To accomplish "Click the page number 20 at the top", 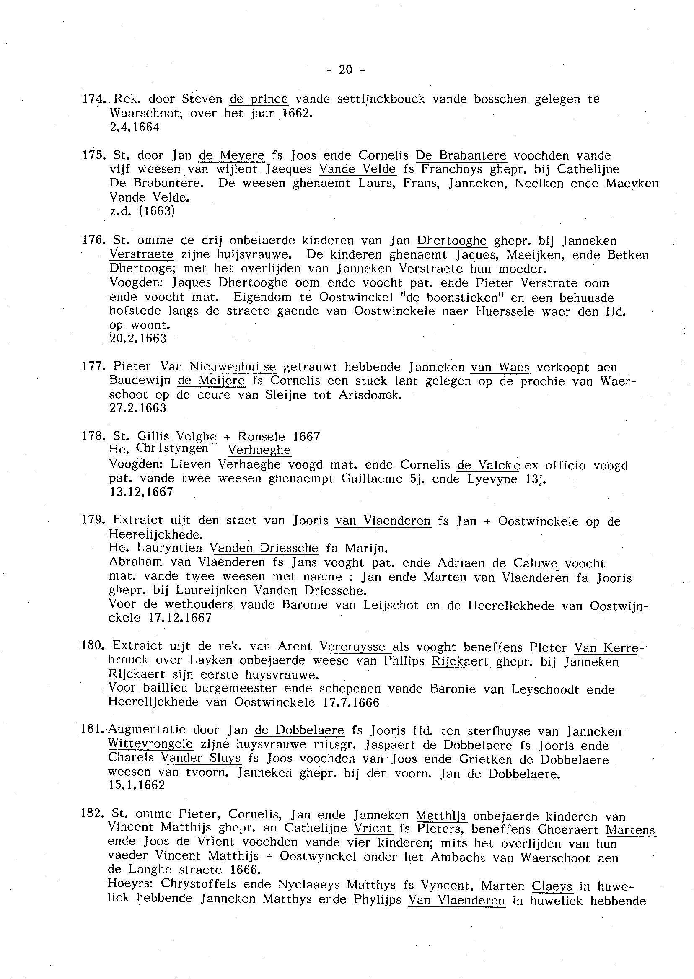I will coord(345,70).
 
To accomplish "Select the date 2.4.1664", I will coord(135,127).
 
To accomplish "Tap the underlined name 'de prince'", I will coord(259,99).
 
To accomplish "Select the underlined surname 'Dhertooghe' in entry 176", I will coord(452,241).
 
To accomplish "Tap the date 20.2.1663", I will coord(138,339).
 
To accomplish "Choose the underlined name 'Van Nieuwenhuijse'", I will coord(218,367).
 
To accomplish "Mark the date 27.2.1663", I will coord(138,408).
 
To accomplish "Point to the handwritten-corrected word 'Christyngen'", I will coord(172,448).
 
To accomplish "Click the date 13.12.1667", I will coord(142,492).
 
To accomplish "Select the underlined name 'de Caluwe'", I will coord(525,564).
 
